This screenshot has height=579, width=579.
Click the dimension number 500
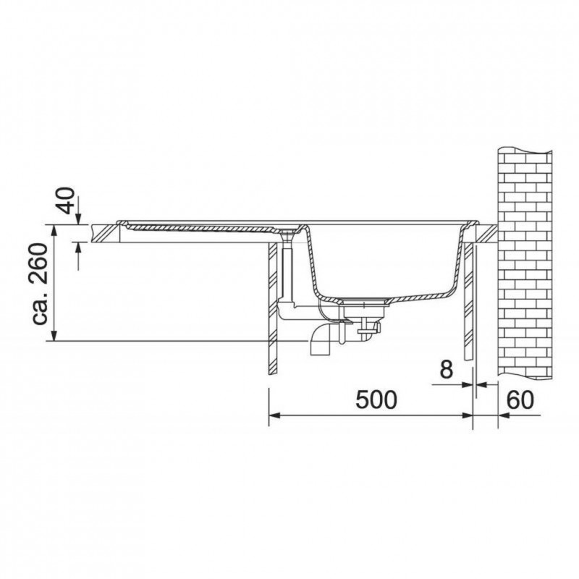pos(376,400)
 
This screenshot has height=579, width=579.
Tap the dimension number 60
pos(520,400)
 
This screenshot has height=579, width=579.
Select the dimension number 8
pos(446,370)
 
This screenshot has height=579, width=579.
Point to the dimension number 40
pos(67,200)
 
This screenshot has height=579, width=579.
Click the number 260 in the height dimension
pos(39,263)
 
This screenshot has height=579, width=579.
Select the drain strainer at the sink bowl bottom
pos(365,303)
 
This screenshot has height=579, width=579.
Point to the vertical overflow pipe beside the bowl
pos(286,272)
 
